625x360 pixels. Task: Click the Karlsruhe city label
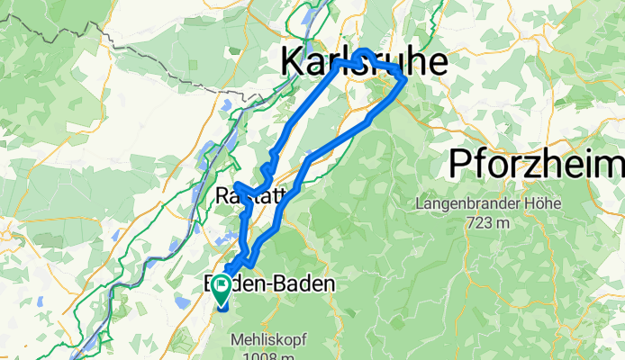tap(364, 63)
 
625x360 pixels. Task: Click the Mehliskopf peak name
tap(268, 342)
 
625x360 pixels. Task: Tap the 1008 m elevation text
tap(268, 356)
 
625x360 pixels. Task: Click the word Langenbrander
tap(462, 204)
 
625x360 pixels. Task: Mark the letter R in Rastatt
tap(222, 195)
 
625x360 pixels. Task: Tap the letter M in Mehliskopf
tap(237, 342)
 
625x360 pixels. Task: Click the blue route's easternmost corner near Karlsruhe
tap(404, 79)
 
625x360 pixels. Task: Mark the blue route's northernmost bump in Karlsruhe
tap(364, 52)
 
